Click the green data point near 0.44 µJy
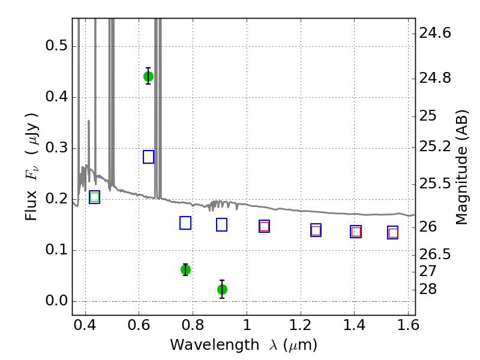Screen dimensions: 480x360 [148, 76]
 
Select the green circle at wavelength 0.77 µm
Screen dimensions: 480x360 [185, 269]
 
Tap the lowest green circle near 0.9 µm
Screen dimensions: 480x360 [222, 289]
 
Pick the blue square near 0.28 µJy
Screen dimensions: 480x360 [148, 157]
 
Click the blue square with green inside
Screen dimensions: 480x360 [95, 197]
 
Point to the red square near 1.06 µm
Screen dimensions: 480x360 [264, 227]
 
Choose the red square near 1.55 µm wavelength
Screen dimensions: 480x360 [393, 233]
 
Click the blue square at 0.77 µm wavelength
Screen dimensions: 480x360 [185, 223]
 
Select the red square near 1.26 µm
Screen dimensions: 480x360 [316, 230]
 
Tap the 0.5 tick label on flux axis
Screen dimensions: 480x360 [56, 46]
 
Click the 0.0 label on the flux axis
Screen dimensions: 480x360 [56, 301]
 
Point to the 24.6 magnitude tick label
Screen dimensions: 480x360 [435, 33]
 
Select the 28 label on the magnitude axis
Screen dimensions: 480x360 [428, 289]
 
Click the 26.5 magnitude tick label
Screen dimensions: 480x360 [435, 254]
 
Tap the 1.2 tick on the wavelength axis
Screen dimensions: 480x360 [301, 325]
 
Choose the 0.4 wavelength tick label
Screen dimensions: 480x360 [85, 325]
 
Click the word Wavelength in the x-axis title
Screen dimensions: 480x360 [215, 345]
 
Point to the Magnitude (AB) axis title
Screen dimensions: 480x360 [462, 167]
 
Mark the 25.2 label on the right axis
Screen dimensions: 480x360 [435, 146]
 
